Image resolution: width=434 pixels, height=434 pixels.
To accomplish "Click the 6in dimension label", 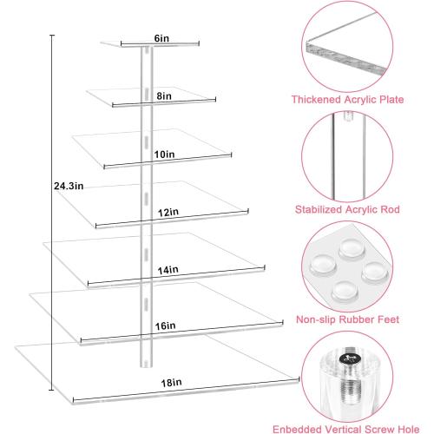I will point(161,38).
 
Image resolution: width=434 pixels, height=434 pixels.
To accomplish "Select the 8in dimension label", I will point(164,98).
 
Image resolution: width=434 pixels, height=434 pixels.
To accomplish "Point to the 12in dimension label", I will point(169,211).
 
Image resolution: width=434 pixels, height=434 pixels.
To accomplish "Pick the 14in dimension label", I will point(169,270).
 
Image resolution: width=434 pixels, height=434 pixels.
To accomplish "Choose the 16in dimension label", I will point(166,325).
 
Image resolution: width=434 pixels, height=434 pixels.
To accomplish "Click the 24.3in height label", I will point(68,185).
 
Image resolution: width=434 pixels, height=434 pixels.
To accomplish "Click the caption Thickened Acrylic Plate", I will point(359,99).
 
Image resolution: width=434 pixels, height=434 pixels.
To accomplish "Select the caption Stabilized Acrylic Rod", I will point(360,208).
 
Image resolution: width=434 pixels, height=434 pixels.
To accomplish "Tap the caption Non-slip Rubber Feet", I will point(359,319).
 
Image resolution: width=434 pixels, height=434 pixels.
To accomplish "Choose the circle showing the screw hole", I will point(358,374).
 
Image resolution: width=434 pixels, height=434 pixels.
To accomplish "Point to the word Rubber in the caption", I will point(365,319).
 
